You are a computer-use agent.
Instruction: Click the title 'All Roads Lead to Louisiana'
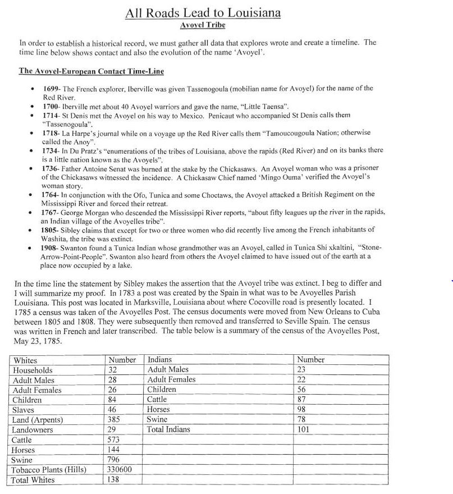click(203, 13)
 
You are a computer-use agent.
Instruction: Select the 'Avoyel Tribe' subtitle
click(203, 25)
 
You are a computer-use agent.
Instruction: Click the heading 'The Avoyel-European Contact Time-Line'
click(91, 71)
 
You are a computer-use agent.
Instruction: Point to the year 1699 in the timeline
click(52, 89)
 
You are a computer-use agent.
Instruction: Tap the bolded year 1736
click(52, 168)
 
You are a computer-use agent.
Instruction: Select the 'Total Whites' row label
click(34, 481)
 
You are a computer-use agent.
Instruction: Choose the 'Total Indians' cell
click(168, 429)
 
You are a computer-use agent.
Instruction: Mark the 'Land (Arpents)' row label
click(38, 420)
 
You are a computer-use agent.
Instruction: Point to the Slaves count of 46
click(112, 410)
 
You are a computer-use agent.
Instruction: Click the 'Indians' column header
click(160, 359)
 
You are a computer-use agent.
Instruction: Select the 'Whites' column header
click(25, 360)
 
